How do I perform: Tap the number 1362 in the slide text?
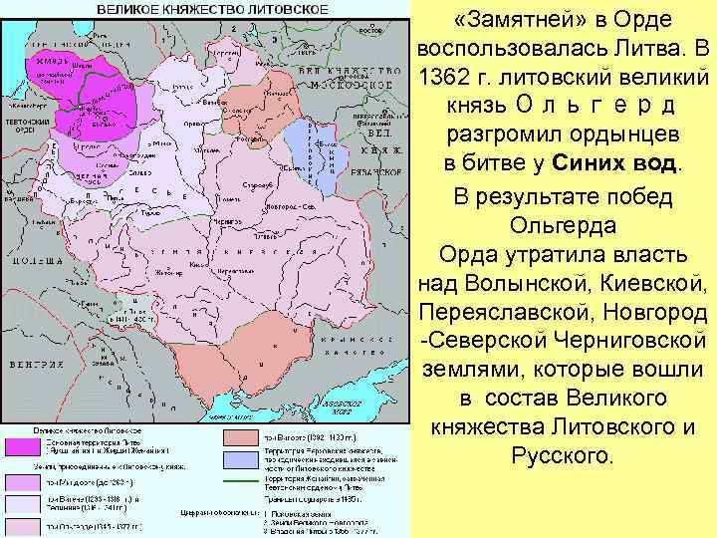(x=452, y=76)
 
